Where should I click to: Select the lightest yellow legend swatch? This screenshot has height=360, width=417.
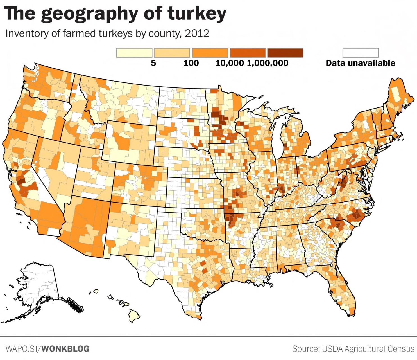[134, 53]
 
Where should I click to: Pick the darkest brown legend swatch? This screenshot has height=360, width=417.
[285, 53]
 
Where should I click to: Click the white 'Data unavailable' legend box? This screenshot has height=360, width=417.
[361, 53]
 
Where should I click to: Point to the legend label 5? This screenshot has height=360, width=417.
[153, 63]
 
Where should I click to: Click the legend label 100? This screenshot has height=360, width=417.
[191, 63]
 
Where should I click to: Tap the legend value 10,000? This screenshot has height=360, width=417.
[230, 63]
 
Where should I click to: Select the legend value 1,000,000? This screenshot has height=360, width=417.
[268, 63]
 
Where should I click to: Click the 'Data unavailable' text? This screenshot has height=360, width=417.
[360, 63]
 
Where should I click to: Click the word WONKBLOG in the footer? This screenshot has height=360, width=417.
[66, 349]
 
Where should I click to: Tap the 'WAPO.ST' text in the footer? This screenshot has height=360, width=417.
[23, 349]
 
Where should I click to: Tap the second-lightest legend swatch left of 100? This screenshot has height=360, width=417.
[172, 53]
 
